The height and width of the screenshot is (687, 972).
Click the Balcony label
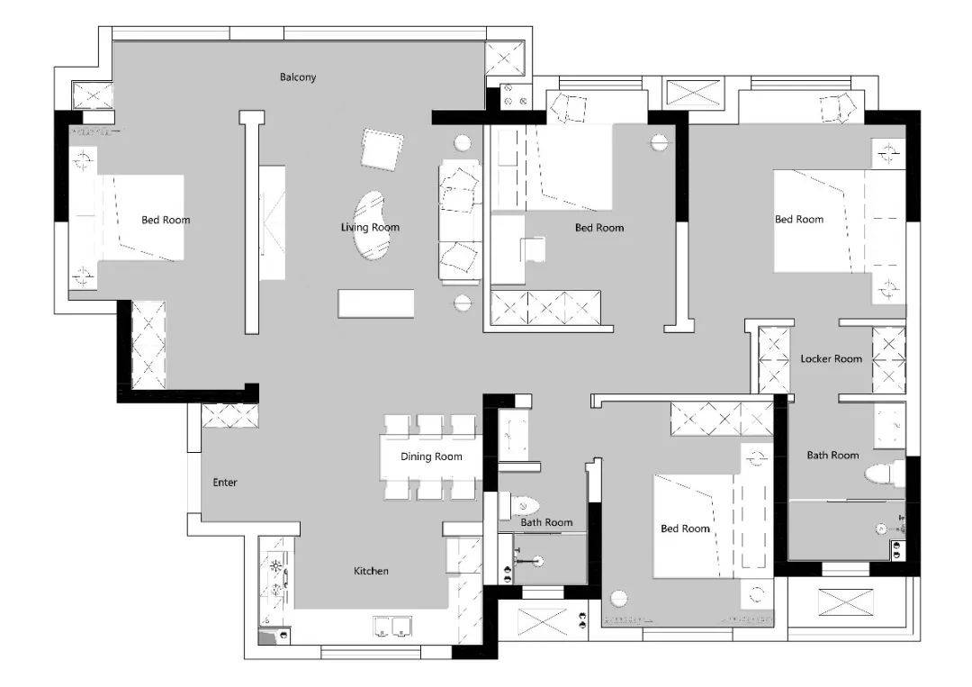(x=298, y=77)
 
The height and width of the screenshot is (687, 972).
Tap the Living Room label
(x=370, y=227)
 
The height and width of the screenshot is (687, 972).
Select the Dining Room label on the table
(x=431, y=456)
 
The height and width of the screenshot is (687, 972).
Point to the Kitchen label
(x=371, y=571)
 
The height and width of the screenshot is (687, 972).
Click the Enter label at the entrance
(x=224, y=482)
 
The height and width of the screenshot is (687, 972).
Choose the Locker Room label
(x=831, y=358)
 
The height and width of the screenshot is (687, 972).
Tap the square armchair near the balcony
(x=382, y=149)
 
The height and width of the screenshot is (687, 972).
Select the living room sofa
(x=459, y=221)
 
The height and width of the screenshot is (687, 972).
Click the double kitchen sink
(x=392, y=627)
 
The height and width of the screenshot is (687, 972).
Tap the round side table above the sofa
(x=463, y=142)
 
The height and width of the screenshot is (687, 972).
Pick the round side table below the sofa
(x=463, y=303)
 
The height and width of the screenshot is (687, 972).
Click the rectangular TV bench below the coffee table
(x=375, y=303)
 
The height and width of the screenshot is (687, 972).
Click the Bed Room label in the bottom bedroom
(x=684, y=529)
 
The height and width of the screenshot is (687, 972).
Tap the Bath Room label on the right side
(x=832, y=455)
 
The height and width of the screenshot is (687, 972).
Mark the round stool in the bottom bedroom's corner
(x=618, y=599)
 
